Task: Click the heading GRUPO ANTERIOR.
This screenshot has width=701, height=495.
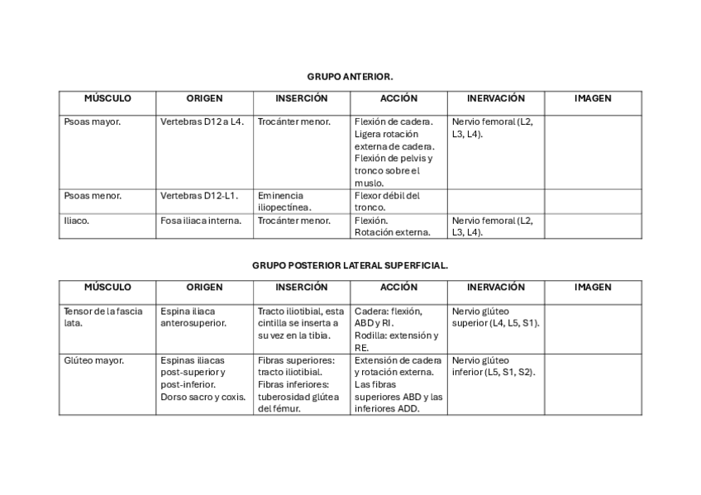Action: coord(350,76)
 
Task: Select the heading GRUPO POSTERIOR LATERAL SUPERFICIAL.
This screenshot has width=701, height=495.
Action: coord(350,266)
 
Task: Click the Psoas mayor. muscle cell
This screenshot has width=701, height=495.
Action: coord(93,122)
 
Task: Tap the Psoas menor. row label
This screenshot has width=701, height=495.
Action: coord(93,196)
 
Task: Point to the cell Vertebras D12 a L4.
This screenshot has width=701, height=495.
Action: coord(203,122)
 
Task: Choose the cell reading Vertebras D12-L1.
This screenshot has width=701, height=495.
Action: coord(199,196)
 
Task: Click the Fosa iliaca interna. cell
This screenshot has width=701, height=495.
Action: coord(201,221)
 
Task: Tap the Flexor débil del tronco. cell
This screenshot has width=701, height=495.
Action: coord(387,202)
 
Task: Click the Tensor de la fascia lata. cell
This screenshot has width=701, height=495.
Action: coord(103,317)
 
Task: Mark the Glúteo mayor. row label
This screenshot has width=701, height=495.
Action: coord(94,360)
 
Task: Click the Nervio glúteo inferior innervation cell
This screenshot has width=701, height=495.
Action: coord(494,366)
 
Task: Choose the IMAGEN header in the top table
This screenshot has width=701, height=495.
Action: coord(593,98)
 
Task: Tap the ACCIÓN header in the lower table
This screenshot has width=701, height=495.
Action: coord(398,288)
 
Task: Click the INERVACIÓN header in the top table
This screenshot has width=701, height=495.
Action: coord(495,98)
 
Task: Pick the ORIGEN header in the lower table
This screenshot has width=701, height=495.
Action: coord(204,288)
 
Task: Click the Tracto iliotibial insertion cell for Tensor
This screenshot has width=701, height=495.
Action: coord(301,323)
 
